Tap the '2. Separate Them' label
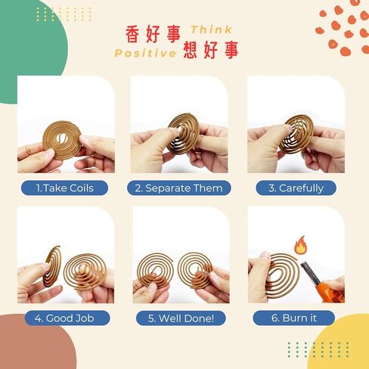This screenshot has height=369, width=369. pyautogui.click(x=179, y=188)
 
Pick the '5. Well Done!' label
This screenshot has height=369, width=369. pyautogui.click(x=179, y=318)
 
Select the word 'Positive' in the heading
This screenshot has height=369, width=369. pyautogui.click(x=140, y=53)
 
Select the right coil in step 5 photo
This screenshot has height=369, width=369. pyautogui.click(x=197, y=266)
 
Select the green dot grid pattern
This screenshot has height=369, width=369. pyautogui.click(x=308, y=348)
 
